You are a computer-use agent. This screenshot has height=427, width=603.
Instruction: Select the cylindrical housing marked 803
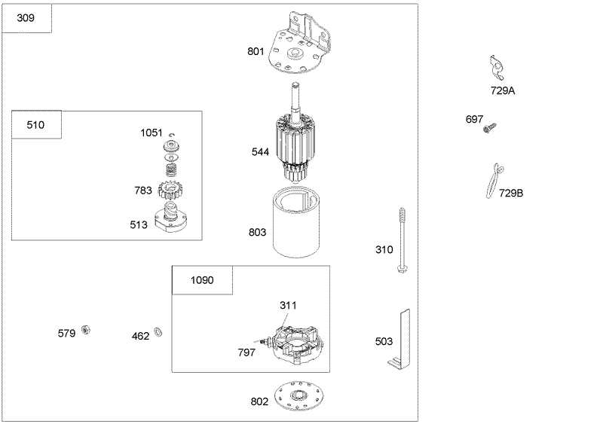[x=296, y=221]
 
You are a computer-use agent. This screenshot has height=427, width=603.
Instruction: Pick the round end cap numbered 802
[x=298, y=396]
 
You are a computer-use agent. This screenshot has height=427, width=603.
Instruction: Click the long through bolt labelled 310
[x=403, y=240]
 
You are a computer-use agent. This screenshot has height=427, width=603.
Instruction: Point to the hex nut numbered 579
[x=86, y=330]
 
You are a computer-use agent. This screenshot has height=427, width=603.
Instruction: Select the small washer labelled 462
[x=158, y=331]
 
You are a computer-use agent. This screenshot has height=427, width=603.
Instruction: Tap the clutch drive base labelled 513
[x=170, y=220]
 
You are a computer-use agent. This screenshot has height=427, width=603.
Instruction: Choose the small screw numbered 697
[x=489, y=127]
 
